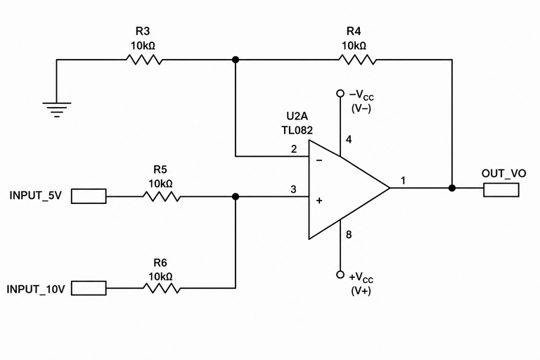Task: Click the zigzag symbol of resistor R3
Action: (x=144, y=60)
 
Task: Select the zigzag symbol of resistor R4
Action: (x=357, y=60)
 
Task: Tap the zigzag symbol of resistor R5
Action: (x=162, y=197)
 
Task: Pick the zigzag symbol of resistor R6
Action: (x=162, y=288)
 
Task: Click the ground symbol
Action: (x=57, y=110)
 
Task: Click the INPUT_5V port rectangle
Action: (x=89, y=196)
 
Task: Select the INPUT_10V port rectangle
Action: (x=89, y=288)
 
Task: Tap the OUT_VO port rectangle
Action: (x=501, y=190)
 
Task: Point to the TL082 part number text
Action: (x=297, y=130)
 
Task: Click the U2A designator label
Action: (x=297, y=116)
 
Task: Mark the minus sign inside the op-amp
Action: (x=319, y=160)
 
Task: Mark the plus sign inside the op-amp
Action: (x=319, y=200)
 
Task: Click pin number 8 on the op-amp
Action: (x=349, y=235)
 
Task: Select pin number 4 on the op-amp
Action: (x=349, y=139)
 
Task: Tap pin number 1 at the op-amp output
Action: (x=403, y=180)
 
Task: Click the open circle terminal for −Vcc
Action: (x=340, y=94)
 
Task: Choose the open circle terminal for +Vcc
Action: (x=340, y=274)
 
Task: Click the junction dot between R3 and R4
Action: (x=236, y=60)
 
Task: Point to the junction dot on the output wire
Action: (x=452, y=188)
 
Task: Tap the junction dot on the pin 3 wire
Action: (x=236, y=197)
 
